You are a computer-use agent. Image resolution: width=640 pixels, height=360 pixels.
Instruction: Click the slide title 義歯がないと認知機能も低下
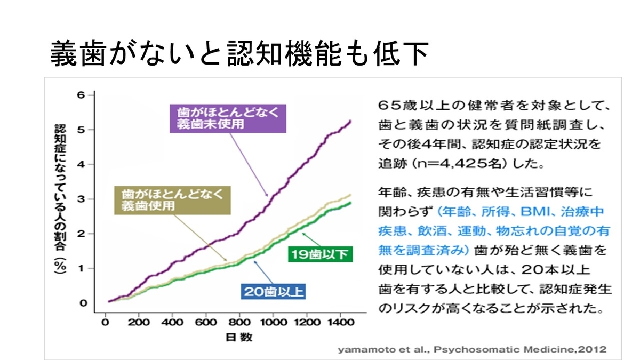click(239, 54)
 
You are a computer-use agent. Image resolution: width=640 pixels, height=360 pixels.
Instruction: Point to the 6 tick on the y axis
click(82, 95)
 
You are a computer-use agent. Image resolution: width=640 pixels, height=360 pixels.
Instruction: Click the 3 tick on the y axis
click(82, 199)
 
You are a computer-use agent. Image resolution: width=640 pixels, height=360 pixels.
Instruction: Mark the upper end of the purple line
click(350, 121)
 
